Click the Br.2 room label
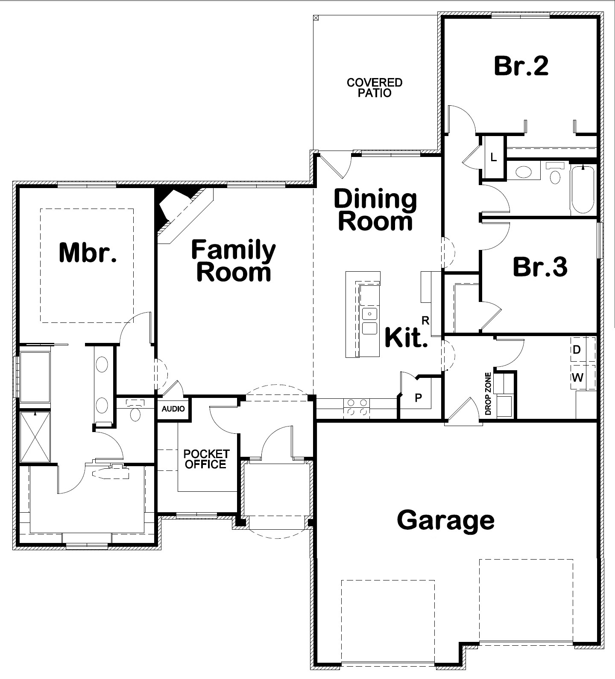coord(521,66)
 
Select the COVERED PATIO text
coord(375,87)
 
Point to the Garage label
coord(446,520)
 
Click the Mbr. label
coord(88,252)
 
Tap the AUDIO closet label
coord(173,409)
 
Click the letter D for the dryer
coord(577,350)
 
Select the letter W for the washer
coord(577,377)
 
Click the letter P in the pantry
coord(419,398)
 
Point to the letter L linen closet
coord(494,158)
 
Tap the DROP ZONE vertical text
coord(488,394)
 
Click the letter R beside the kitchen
coord(425,321)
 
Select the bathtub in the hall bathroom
coord(583,190)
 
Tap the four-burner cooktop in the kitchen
coord(357,407)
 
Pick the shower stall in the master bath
coord(35,437)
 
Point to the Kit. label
coord(406,337)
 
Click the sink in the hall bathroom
coord(524,172)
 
